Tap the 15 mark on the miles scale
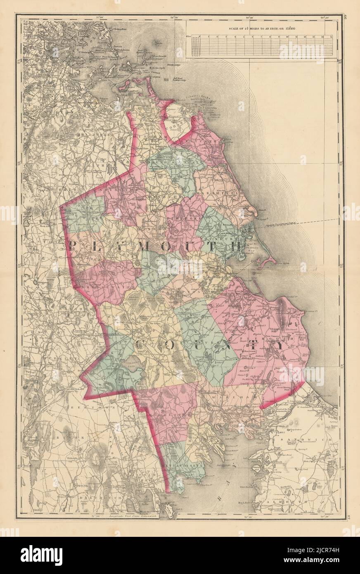coord(332,37)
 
